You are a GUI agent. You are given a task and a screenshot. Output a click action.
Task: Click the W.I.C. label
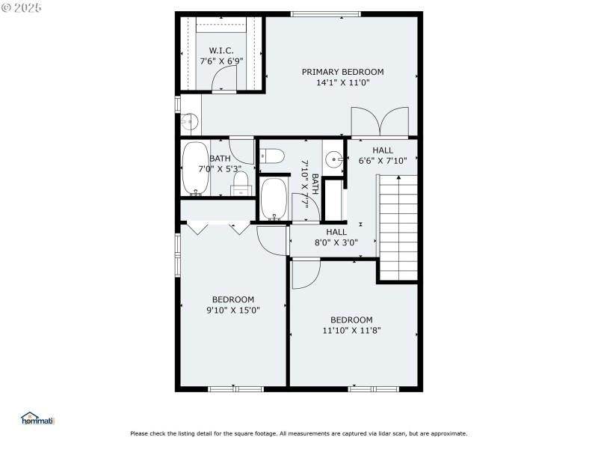[x=221, y=50]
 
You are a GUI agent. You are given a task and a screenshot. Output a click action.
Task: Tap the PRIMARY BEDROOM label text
[x=342, y=72]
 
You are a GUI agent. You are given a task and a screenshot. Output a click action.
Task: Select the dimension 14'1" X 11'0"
[x=342, y=82]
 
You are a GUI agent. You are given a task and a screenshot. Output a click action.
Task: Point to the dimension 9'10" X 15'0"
[x=233, y=310]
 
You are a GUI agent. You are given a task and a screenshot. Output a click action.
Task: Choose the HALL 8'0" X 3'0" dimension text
[x=336, y=242]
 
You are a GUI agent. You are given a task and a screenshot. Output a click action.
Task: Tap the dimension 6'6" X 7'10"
[x=382, y=161]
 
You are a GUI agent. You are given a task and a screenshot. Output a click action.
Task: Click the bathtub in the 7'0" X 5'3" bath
[x=196, y=168]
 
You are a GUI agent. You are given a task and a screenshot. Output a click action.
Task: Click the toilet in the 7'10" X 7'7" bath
[x=272, y=156]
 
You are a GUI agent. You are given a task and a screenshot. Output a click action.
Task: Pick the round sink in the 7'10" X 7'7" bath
[x=334, y=158]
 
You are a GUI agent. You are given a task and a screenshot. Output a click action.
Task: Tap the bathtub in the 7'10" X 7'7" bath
[x=274, y=201]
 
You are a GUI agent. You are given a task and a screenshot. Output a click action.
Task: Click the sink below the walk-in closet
[x=189, y=120]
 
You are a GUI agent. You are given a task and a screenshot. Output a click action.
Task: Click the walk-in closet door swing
[x=224, y=79]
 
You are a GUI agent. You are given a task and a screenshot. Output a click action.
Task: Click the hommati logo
[x=37, y=419]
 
